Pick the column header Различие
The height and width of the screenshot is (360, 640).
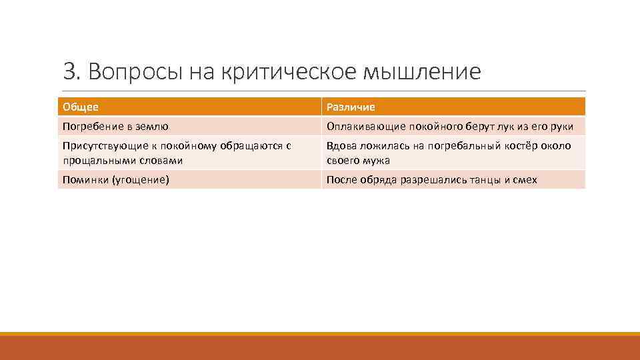coord(351,107)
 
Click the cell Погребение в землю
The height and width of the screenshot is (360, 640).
coord(115,126)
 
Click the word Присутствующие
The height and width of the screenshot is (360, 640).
coord(99,146)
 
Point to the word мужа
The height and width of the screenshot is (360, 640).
coord(377,161)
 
